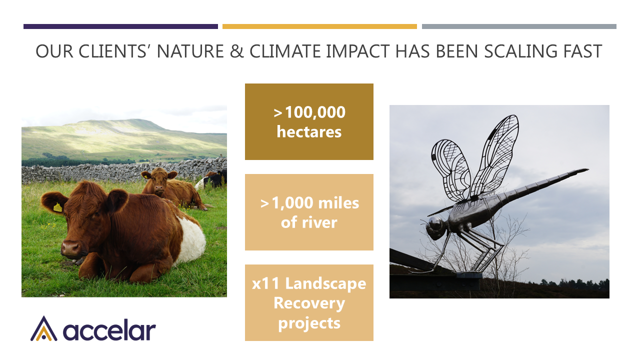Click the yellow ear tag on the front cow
click(57, 207)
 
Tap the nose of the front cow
click(70, 248)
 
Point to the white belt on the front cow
click(191, 240)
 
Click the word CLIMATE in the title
click(285, 51)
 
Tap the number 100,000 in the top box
click(315, 112)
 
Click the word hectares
click(309, 132)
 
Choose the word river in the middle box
click(319, 222)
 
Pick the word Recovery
click(309, 303)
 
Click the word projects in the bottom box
click(309, 323)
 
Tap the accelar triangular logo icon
click(43, 328)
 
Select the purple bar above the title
click(120, 26)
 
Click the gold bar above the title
click(319, 26)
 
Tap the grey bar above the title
click(519, 26)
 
